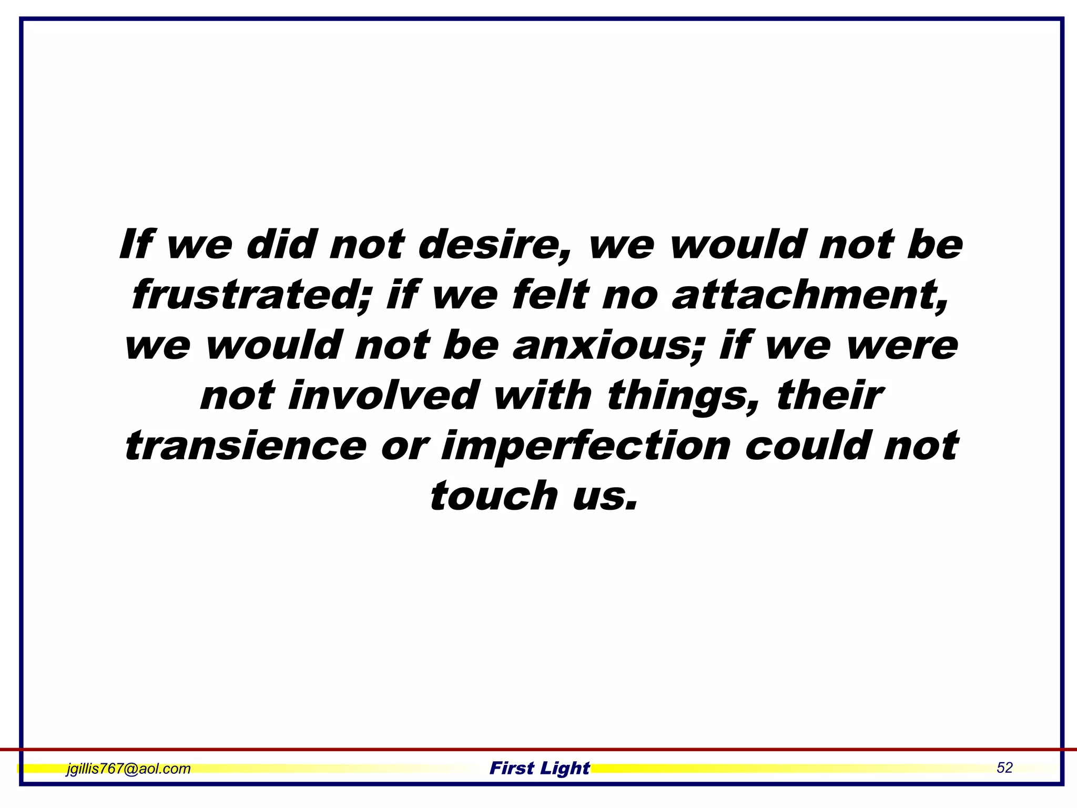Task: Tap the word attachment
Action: click(810, 295)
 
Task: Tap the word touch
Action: click(494, 496)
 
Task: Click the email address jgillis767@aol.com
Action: click(128, 769)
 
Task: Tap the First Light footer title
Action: click(540, 768)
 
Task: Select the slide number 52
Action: click(1004, 768)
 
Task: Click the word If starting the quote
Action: click(135, 245)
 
